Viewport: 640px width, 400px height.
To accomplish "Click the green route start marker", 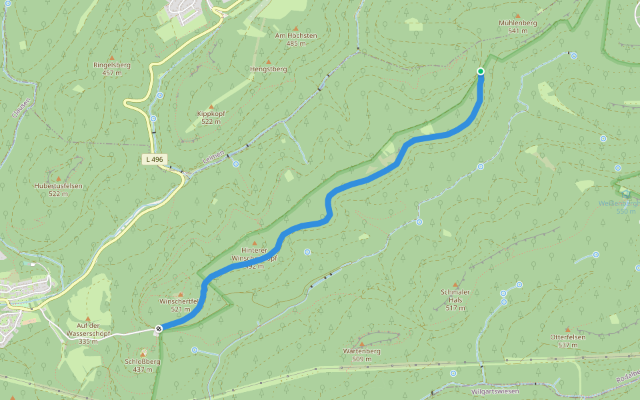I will click(x=481, y=71).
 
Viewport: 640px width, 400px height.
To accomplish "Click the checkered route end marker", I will click(x=159, y=328).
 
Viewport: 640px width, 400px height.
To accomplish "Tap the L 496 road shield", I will click(x=153, y=159).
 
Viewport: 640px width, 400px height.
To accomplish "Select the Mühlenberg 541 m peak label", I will click(x=517, y=27).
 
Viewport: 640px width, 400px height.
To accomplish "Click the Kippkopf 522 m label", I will click(x=211, y=117).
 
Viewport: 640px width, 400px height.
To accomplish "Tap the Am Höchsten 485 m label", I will click(x=296, y=39).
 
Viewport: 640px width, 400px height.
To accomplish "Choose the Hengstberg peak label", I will click(x=268, y=69).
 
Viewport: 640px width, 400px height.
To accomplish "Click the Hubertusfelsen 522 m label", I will click(x=58, y=189).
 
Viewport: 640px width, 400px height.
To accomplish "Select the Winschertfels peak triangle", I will click(x=180, y=294).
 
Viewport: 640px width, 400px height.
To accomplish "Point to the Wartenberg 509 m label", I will click(x=361, y=355).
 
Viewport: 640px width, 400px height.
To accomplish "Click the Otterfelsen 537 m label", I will click(x=567, y=341).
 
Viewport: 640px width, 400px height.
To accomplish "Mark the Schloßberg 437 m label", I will click(x=143, y=365).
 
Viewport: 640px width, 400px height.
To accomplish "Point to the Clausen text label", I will click(x=21, y=107).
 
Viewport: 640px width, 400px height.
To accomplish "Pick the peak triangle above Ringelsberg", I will click(x=112, y=57).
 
